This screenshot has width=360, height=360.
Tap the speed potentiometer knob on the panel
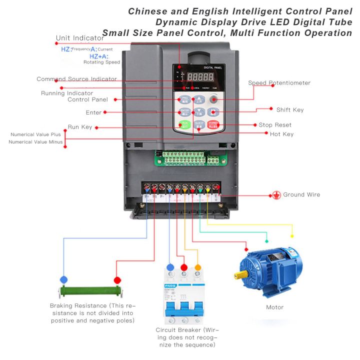coord(213,99)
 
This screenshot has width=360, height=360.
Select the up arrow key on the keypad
coord(199,99)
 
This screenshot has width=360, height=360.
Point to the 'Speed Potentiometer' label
coord(279,83)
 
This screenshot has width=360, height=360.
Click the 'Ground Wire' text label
coord(301,194)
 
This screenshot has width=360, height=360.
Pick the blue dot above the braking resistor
coord(63,279)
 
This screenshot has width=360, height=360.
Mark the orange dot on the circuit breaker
coord(198,267)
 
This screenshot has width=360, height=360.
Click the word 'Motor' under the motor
coord(274,307)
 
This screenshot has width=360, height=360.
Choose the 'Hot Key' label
coord(281,134)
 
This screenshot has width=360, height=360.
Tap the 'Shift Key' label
coord(289,109)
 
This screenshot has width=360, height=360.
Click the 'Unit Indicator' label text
coord(80,38)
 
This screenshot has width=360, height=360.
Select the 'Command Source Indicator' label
coord(76,79)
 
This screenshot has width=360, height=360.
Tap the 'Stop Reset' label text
coord(275,124)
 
